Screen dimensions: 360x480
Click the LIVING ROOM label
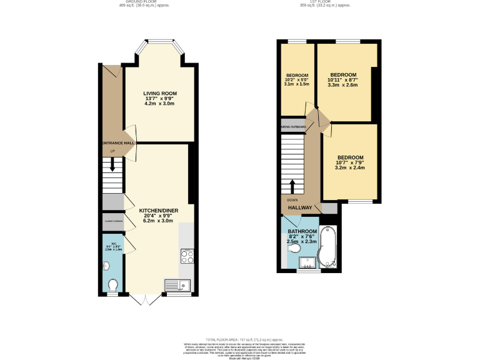(156, 93)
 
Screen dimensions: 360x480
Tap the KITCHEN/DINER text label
(156, 211)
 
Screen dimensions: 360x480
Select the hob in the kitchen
(187, 255)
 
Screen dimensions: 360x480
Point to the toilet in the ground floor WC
(113, 286)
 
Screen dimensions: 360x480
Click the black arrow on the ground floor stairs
(112, 164)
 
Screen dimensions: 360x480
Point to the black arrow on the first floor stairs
(292, 186)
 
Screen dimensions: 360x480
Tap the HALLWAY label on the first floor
(299, 207)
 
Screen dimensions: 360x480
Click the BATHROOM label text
(302, 231)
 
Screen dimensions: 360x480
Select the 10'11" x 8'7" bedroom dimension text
(343, 79)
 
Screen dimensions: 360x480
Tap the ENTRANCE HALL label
(117, 143)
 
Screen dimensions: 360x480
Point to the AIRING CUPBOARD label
(293, 127)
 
